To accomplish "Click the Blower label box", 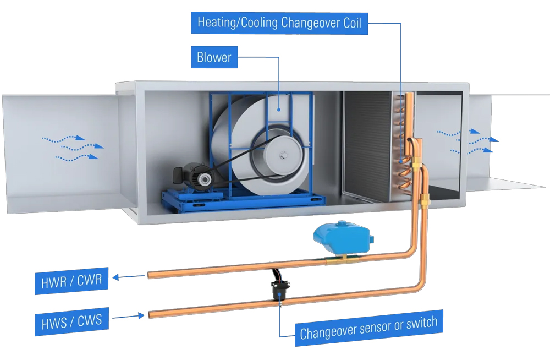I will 214,57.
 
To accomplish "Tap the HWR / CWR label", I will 71,281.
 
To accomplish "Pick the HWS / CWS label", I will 71,320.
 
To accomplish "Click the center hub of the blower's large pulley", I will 284,156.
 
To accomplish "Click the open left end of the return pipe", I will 149,274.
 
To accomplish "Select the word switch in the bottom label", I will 421,324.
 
